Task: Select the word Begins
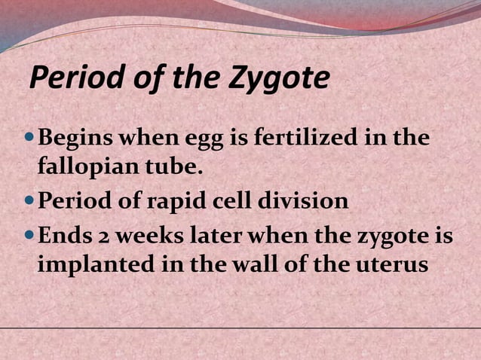[x=74, y=139]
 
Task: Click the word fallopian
[x=84, y=167]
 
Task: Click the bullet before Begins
[x=29, y=139]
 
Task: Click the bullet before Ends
[x=29, y=236]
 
